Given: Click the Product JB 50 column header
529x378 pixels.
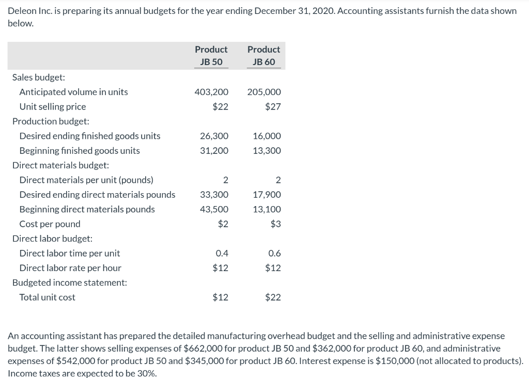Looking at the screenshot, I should click(x=211, y=55).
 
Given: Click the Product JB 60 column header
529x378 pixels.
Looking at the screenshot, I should click(x=263, y=55).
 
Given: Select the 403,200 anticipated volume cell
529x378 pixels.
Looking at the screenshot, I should click(x=211, y=92).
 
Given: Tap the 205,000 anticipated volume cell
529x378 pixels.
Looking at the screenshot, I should click(x=264, y=92).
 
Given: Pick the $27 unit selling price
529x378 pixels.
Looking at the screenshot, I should click(x=273, y=107).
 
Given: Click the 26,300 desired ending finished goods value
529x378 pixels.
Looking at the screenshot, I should click(x=214, y=136).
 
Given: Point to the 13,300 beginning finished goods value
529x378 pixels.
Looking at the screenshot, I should click(x=267, y=151).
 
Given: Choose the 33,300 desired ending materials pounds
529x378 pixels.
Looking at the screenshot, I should click(x=214, y=195).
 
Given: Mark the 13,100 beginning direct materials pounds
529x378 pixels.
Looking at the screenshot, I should click(x=267, y=209).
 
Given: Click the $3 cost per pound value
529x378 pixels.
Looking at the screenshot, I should click(x=275, y=224).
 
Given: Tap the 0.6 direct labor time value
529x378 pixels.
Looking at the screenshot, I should click(x=275, y=253).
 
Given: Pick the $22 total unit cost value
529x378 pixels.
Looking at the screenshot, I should click(x=273, y=297).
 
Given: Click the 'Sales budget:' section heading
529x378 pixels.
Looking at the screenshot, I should click(x=39, y=77).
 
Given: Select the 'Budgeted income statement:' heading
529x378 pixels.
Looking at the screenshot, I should click(x=69, y=282).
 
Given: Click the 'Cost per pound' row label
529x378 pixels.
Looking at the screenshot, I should click(x=50, y=224).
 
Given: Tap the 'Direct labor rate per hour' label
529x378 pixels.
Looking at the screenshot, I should click(x=70, y=268).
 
